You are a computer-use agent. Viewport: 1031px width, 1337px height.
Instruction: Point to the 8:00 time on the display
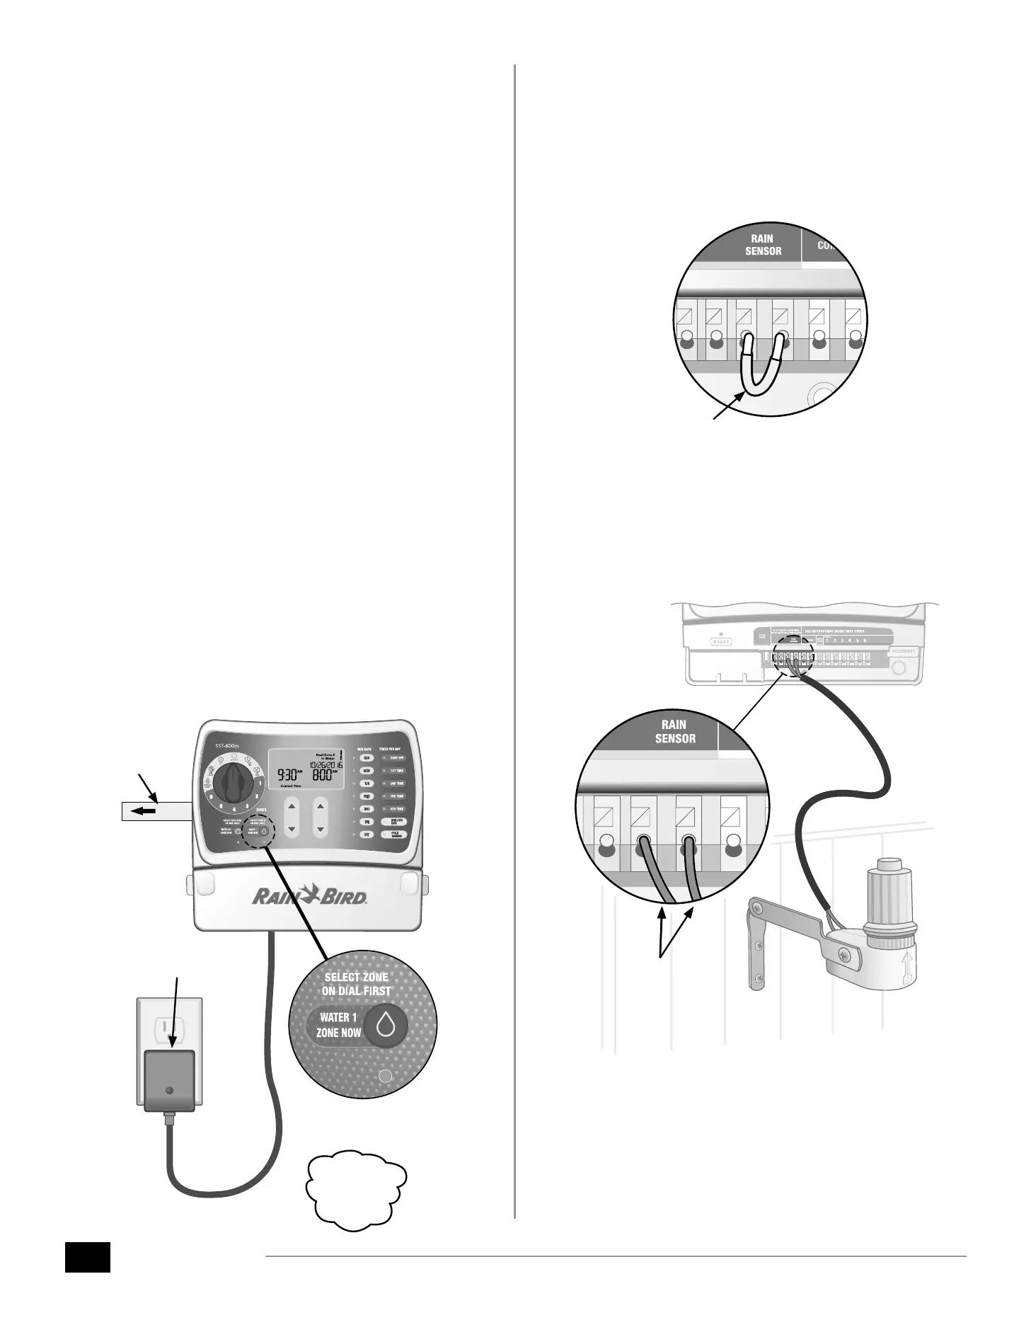pos(326,774)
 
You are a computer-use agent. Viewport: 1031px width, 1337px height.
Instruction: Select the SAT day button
pos(367,834)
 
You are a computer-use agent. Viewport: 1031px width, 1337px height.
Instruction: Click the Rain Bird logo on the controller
pos(310,897)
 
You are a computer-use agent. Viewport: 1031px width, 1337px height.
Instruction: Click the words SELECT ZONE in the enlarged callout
pos(356,977)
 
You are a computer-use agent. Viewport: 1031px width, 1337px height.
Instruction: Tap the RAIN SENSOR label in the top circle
pos(763,245)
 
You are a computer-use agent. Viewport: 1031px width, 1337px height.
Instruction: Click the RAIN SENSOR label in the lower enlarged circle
pos(675,731)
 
